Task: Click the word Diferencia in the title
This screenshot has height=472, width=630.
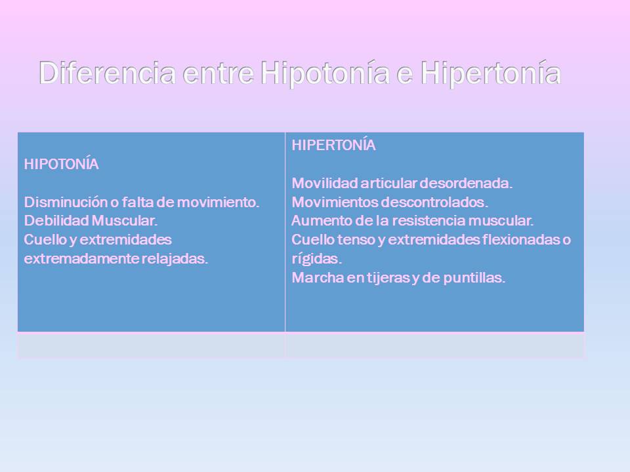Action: pyautogui.click(x=108, y=73)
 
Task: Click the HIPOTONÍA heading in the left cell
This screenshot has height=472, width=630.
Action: pyautogui.click(x=62, y=165)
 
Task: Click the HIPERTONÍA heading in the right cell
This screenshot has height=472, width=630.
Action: pyautogui.click(x=333, y=146)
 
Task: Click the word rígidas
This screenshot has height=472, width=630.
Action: pyautogui.click(x=317, y=258)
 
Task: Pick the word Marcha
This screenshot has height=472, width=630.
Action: pyautogui.click(x=314, y=277)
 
